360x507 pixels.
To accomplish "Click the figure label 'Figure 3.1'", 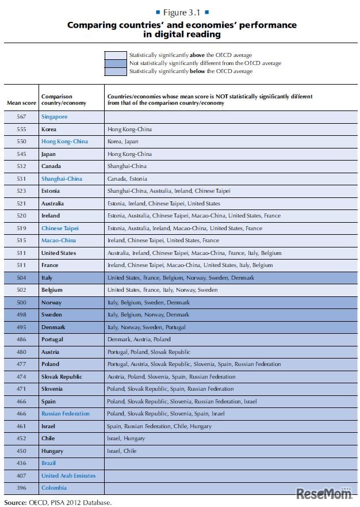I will pos(182,12).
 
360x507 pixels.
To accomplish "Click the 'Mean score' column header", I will pos(21,103).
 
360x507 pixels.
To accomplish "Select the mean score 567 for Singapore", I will pos(21,117).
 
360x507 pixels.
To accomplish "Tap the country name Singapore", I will pos(54,117).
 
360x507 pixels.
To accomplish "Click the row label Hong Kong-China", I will pos(64,142).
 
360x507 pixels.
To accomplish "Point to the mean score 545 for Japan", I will pos(21,154).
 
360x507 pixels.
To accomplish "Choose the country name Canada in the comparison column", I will pos(51,166).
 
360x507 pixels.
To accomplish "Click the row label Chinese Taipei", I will pos(60,228).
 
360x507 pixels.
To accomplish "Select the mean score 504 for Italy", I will pos(21,278).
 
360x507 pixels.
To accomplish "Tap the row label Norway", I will pos(51,303).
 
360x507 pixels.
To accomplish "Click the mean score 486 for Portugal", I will pos(21,340).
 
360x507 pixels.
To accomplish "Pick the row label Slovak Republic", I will pos(62,377).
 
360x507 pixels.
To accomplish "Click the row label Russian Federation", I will pos(66,414).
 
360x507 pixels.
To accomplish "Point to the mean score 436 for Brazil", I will pos(21,463).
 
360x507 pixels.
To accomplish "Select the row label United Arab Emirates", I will pos(68,476).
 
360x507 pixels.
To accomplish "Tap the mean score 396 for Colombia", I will pos(21,488).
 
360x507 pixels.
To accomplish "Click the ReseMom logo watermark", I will pos(323,493).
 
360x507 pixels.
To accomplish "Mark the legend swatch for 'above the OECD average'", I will pos(115,55).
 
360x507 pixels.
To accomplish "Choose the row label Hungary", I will pos(52,451).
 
